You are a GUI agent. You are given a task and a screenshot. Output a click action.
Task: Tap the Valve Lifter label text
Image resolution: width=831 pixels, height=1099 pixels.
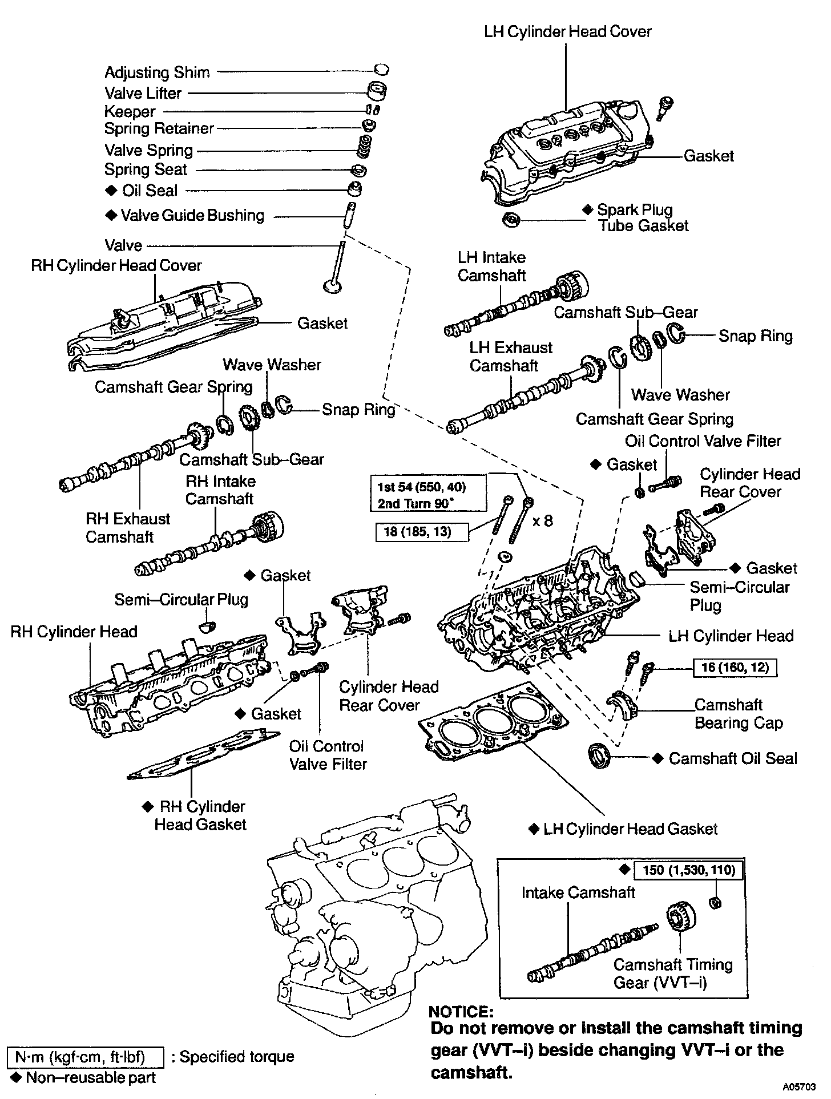coord(143,93)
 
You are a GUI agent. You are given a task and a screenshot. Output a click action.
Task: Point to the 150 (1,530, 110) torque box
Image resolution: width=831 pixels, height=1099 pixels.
coord(688,870)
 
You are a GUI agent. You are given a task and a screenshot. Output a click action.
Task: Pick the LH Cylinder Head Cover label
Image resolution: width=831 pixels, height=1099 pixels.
coord(567,31)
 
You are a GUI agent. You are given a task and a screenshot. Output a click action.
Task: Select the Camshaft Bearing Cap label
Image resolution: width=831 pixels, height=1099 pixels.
coord(738,714)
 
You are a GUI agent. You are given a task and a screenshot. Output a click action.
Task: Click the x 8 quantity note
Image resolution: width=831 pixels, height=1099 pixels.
coord(542,520)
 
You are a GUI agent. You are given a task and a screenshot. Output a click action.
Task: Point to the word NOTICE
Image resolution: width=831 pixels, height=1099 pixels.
coord(461,1012)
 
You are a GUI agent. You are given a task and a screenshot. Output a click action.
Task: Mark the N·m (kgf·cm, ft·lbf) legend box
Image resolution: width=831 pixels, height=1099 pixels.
coord(86,1057)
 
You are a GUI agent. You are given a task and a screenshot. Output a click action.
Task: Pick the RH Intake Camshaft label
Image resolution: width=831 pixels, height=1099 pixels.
coord(220,490)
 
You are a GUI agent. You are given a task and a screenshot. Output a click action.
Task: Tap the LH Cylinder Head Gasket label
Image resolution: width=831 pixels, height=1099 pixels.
coord(630,829)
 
